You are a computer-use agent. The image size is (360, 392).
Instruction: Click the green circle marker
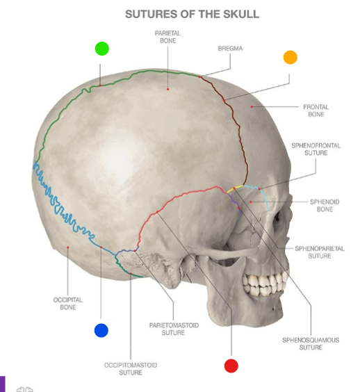click(x=102, y=49)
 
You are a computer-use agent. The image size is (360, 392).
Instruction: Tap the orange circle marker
click(x=291, y=57)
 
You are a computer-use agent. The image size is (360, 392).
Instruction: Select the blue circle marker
click(x=101, y=330)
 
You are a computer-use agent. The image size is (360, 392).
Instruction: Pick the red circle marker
click(x=231, y=366)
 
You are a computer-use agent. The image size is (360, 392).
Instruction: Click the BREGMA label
click(x=230, y=49)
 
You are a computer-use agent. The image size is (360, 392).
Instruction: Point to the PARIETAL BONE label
click(x=167, y=37)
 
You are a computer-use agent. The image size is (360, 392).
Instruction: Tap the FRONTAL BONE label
click(x=316, y=111)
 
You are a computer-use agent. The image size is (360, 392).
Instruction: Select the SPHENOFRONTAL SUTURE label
click(x=316, y=149)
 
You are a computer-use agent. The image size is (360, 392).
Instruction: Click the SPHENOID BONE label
click(x=325, y=205)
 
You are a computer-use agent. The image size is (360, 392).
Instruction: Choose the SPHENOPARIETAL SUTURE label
click(x=320, y=252)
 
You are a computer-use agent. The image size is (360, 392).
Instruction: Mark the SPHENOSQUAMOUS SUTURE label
click(x=311, y=343)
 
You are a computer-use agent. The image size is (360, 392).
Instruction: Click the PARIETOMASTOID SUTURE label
click(x=174, y=329)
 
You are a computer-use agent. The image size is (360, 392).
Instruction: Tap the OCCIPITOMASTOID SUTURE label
click(x=131, y=369)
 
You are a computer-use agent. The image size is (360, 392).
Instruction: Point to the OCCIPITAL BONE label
click(x=67, y=303)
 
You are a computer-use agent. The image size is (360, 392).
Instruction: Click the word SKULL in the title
click(x=241, y=15)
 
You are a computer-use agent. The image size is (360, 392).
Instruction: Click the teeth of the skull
click(x=265, y=284)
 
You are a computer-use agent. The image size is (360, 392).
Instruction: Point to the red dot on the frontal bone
click(x=252, y=106)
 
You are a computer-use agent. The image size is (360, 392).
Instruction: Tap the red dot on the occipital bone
click(x=68, y=247)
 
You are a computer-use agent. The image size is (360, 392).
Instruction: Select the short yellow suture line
click(x=235, y=189)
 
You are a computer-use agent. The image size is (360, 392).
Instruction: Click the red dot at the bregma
click(x=199, y=76)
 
